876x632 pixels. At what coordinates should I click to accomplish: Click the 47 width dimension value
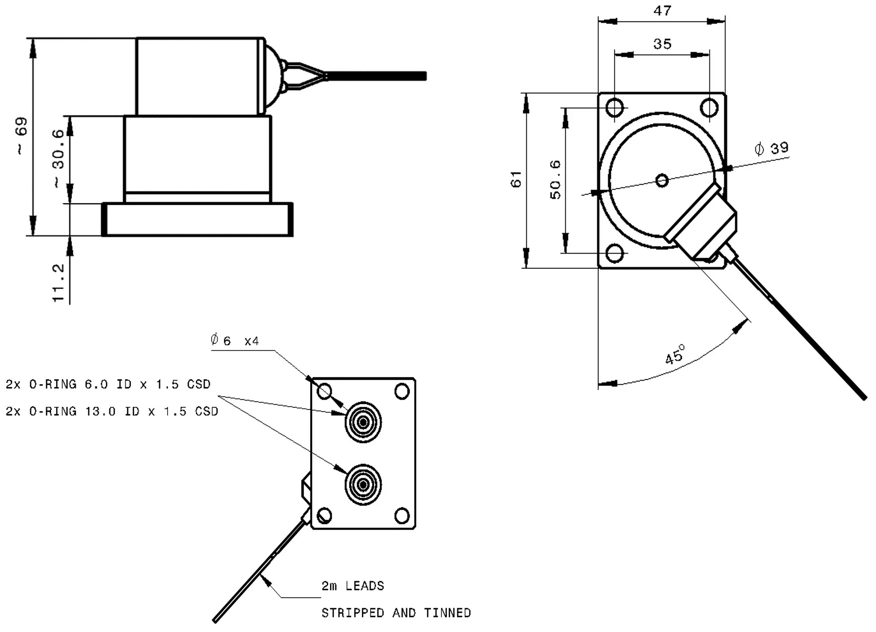tap(662, 11)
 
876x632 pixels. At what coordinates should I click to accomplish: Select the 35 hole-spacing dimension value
tap(662, 44)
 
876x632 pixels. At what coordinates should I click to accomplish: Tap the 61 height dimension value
tap(516, 179)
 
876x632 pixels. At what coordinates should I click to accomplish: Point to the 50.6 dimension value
tap(555, 180)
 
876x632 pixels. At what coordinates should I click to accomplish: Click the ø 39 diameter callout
tap(772, 148)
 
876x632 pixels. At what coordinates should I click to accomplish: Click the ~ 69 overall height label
tap(22, 136)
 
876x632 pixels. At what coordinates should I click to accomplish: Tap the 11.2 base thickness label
tap(59, 283)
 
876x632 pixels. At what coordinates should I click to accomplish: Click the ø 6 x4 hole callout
tap(234, 341)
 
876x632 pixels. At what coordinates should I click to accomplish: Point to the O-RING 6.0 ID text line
tap(108, 384)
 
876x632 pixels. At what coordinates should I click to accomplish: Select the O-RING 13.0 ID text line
tap(112, 411)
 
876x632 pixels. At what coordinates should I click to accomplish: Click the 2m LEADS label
tap(353, 586)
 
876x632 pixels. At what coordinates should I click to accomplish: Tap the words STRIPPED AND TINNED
tap(396, 613)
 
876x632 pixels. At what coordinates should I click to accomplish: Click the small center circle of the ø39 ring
tap(662, 181)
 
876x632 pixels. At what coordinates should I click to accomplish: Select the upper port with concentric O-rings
tap(363, 422)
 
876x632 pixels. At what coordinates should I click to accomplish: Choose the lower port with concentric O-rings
tap(363, 485)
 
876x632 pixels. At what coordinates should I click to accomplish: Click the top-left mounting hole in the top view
tap(614, 108)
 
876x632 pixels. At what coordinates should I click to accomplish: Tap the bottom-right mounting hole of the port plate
tap(402, 515)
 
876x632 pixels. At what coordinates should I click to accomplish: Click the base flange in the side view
tap(198, 220)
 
